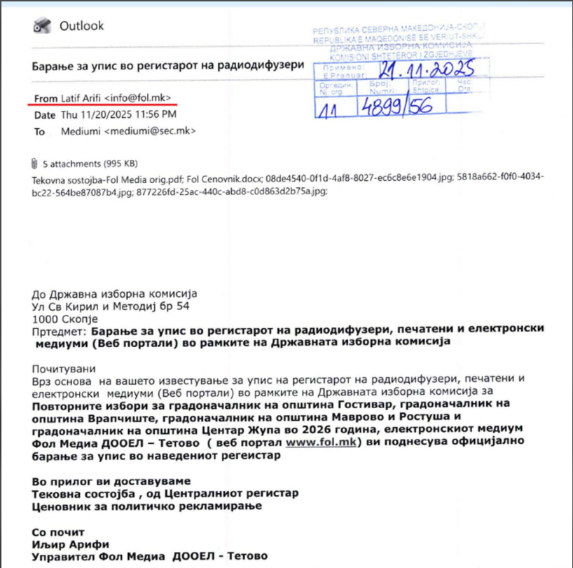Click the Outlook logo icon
pyautogui.click(x=41, y=27)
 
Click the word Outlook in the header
pyautogui.click(x=81, y=26)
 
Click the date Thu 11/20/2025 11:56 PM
pyautogui.click(x=118, y=114)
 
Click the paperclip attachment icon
pyautogui.click(x=35, y=164)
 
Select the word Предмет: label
pyautogui.click(x=58, y=330)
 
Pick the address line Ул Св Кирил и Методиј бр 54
pyautogui.click(x=110, y=306)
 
